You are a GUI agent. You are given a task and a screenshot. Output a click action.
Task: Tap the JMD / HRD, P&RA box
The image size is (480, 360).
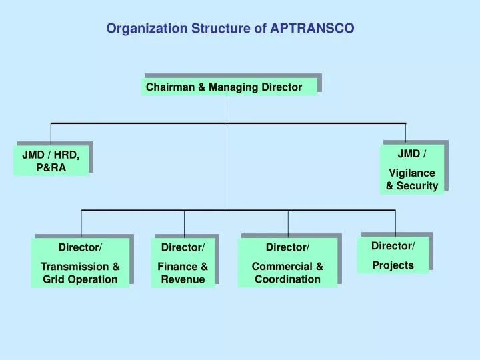(x=51, y=161)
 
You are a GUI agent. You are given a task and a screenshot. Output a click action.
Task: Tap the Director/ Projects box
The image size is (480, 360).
(x=393, y=255)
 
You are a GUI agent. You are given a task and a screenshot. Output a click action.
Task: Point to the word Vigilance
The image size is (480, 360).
(x=412, y=173)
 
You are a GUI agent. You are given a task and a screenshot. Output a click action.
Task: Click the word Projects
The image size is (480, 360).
(x=393, y=265)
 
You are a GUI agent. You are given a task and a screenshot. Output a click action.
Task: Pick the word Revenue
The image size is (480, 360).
(x=183, y=279)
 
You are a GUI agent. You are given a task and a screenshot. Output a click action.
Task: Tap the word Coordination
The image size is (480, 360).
(x=287, y=279)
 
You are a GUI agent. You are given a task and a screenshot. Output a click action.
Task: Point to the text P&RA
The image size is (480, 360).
(x=51, y=167)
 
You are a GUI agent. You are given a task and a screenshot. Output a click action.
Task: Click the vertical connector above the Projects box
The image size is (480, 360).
(x=395, y=221)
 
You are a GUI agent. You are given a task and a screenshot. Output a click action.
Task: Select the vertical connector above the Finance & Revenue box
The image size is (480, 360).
(x=184, y=222)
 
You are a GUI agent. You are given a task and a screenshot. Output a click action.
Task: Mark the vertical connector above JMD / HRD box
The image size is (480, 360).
(x=51, y=133)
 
